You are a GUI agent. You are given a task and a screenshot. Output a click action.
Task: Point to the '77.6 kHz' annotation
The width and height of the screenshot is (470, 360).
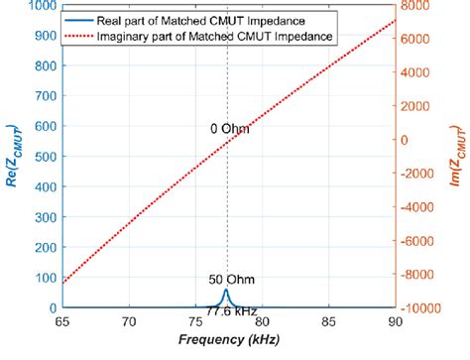(226, 311)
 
